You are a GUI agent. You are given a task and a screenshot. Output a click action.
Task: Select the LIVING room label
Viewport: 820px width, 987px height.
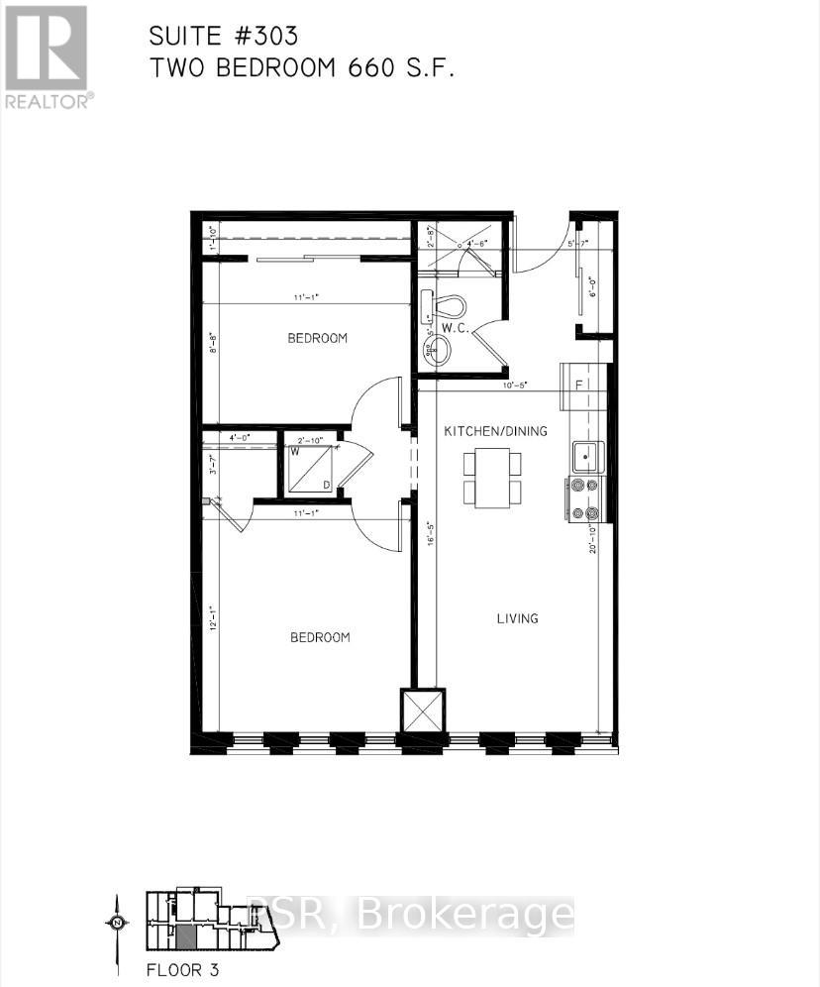517,618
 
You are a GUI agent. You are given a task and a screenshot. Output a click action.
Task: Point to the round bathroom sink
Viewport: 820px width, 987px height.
437,349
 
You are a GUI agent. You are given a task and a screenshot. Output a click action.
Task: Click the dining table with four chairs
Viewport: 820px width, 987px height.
492,477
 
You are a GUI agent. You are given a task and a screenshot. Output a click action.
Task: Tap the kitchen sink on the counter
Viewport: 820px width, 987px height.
588,456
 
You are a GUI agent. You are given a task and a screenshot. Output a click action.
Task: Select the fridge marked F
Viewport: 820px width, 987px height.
581,385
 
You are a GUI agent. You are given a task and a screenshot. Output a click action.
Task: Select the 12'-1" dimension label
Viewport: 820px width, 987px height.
211,617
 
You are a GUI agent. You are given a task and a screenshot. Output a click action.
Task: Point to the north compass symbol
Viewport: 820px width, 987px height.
117,923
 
